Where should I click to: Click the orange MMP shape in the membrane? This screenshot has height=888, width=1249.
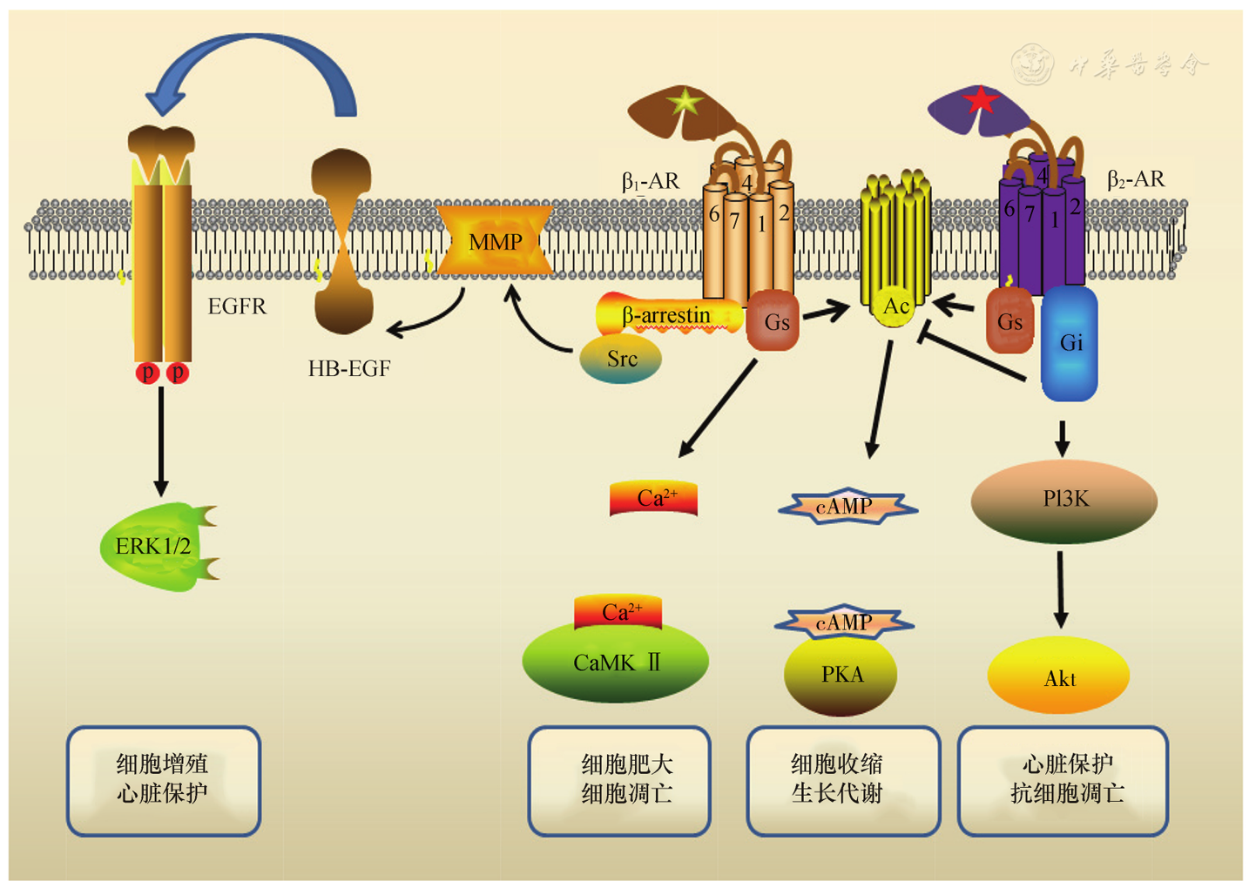(495, 241)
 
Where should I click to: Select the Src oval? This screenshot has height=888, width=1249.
(621, 359)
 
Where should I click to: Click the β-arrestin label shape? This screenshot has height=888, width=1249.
(667, 315)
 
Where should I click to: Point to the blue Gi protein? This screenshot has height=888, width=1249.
(1070, 344)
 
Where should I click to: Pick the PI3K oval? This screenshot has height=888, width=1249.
(1064, 501)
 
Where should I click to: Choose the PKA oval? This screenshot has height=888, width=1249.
(841, 676)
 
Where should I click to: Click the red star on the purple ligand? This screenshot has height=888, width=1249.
(981, 101)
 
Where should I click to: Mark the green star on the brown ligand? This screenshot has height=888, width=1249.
(685, 103)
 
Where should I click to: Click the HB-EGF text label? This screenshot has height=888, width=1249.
(349, 369)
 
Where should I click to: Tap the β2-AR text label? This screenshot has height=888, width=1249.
(1136, 179)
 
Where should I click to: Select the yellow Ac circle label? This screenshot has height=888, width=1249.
(895, 306)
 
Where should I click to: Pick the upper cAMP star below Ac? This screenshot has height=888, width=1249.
(845, 507)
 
